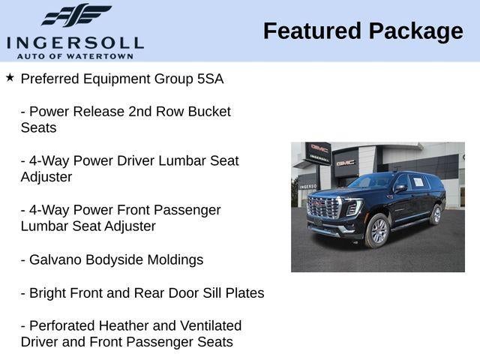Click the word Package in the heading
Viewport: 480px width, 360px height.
coord(415,31)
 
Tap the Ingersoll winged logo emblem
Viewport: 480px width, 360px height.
coord(76,15)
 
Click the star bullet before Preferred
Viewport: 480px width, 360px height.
coord(10,77)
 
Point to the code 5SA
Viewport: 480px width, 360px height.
coord(209,79)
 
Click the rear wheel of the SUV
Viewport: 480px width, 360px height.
coord(436,214)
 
